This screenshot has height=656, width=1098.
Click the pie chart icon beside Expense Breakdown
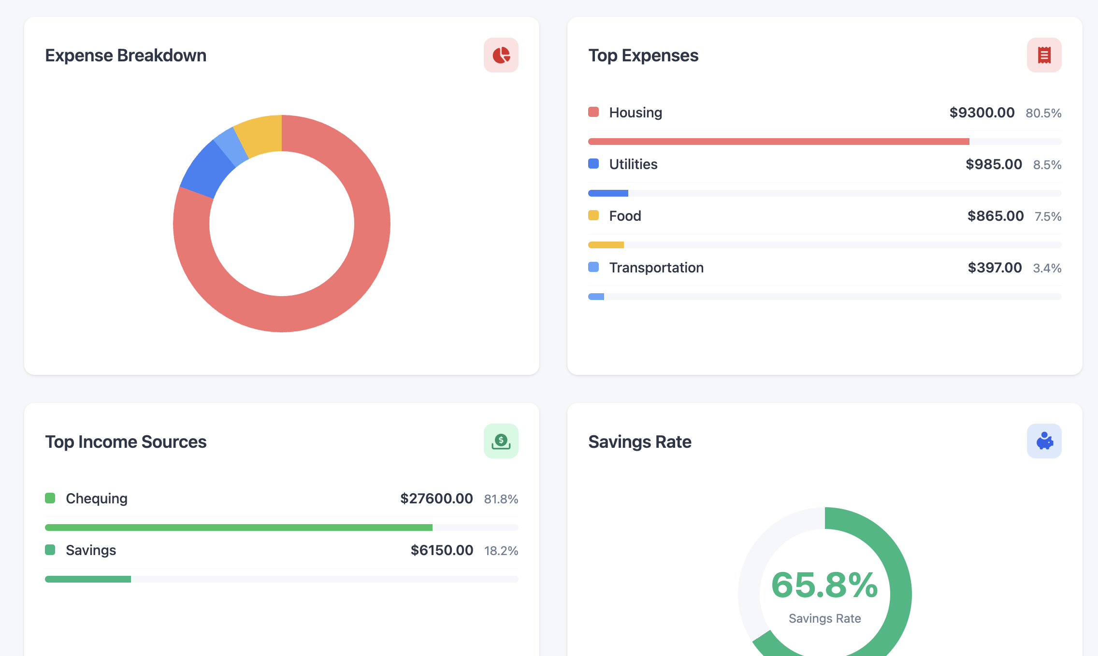coord(501,55)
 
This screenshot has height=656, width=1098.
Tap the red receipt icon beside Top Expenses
coord(1044,55)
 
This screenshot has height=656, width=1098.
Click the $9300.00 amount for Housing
coord(982,113)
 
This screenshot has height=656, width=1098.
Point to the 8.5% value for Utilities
coord(1047,165)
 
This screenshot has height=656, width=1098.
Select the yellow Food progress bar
coord(606,245)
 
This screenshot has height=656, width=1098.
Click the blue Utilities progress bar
coord(608,193)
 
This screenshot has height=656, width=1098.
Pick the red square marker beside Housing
coord(593,112)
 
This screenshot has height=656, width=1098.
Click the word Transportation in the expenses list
coord(656,268)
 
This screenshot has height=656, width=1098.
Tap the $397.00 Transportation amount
coord(995,268)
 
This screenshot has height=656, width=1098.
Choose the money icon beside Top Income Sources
coord(501,441)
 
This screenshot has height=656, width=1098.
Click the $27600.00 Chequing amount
coord(436,499)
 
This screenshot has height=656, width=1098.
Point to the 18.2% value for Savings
coord(501,551)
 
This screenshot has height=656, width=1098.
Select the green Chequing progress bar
coord(239,528)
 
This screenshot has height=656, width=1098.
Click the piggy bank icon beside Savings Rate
coord(1044,441)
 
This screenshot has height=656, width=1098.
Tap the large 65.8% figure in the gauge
coord(824,585)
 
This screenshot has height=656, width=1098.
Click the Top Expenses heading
coord(643,56)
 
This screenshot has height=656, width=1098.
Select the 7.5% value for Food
coord(1048,216)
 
